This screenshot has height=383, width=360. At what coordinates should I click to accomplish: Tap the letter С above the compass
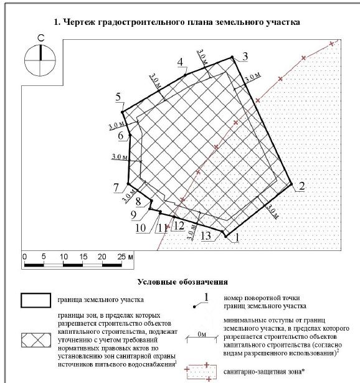click(41, 38)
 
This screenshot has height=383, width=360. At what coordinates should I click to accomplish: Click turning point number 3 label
click(245, 56)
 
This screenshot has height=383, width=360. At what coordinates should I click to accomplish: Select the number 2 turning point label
click(302, 186)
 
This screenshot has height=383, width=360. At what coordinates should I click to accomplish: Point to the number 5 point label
click(118, 97)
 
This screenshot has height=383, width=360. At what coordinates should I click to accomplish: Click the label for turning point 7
click(116, 187)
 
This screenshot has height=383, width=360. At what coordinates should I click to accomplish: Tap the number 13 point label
click(206, 236)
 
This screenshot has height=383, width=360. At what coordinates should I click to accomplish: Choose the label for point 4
click(180, 62)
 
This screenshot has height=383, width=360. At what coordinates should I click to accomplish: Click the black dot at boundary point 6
click(130, 135)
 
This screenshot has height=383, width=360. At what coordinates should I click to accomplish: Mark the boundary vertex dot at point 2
click(291, 184)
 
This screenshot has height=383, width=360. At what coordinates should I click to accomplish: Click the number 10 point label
click(140, 228)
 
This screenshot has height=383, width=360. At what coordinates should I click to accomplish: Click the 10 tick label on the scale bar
click(64, 257)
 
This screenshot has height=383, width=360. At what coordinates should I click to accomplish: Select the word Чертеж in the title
click(78, 22)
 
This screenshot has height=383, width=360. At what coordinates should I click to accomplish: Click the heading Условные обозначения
click(182, 282)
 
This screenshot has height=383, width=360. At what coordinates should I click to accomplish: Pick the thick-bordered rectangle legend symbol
click(36, 294)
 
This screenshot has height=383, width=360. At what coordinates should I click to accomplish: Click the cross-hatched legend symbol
click(36, 340)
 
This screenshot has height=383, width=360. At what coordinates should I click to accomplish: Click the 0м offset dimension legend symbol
click(202, 338)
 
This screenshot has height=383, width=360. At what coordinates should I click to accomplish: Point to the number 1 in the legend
click(206, 298)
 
